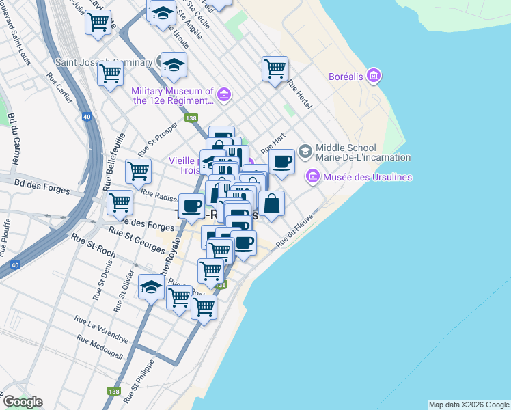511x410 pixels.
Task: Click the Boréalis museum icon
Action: tap(373, 75)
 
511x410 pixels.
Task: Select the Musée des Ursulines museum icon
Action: tap(313, 176)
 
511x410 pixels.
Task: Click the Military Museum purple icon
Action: tap(224, 93)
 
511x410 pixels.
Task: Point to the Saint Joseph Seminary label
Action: tap(99, 62)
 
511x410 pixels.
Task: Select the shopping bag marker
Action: tap(271, 203)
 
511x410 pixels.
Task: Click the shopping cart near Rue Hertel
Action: tap(275, 68)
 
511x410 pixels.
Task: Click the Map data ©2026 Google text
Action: tap(469, 405)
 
